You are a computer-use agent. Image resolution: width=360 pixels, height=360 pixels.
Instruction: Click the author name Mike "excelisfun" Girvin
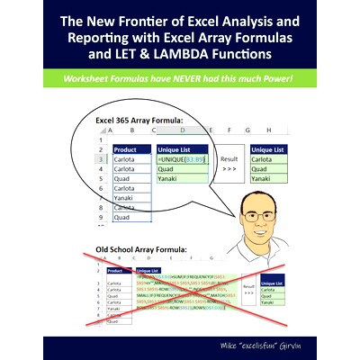tap(267, 345)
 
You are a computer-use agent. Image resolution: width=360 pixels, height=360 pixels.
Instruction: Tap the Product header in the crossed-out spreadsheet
tap(115, 269)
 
